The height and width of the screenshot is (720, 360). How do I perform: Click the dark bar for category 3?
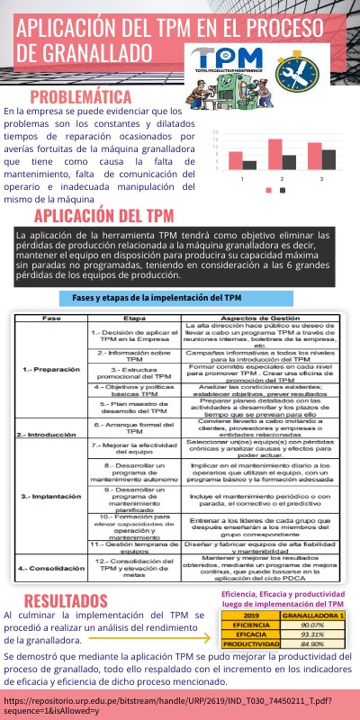pyautogui.click(x=329, y=158)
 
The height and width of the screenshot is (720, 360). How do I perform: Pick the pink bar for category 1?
pyautogui.click(x=236, y=160)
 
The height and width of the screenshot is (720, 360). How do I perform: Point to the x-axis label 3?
pyautogui.click(x=322, y=179)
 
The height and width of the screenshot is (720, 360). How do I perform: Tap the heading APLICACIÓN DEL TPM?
pyautogui.click(x=103, y=216)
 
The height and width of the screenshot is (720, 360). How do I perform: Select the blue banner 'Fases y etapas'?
pyautogui.click(x=157, y=298)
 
